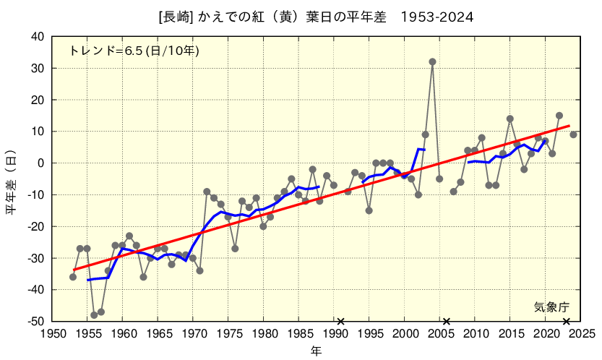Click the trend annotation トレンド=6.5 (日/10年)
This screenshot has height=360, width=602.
[134, 51]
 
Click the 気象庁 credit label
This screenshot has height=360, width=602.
[552, 307]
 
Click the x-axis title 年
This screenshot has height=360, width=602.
[316, 351]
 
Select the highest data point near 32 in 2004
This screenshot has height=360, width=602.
[432, 62]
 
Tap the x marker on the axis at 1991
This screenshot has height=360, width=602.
[340, 321]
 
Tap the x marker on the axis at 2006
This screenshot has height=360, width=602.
[447, 321]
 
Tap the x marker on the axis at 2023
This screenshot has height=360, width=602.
[567, 321]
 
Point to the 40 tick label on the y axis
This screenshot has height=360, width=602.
[38, 37]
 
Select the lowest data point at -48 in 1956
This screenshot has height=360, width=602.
[94, 315]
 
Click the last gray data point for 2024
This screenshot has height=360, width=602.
[573, 134]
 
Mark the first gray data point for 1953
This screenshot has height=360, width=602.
[73, 277]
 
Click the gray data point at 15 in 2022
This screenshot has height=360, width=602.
[559, 116]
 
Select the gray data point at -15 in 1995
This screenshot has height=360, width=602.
[369, 210]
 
